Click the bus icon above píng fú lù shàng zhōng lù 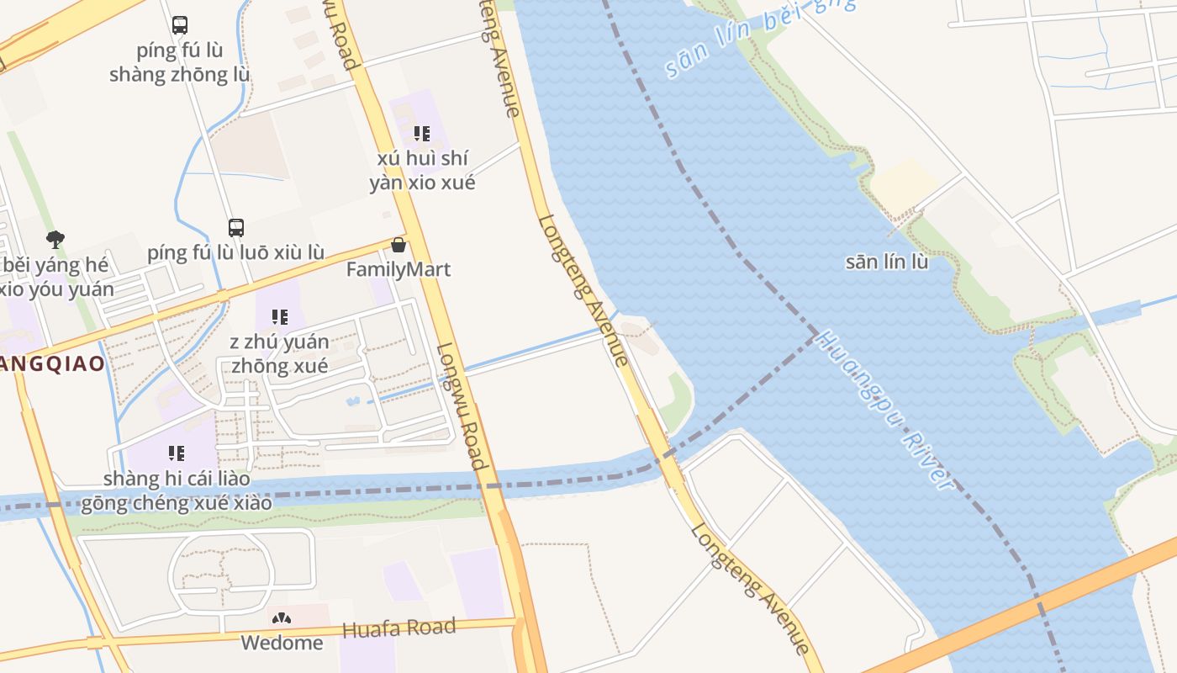click(180, 25)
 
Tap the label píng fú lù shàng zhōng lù click(179, 62)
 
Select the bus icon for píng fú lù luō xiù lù click(236, 227)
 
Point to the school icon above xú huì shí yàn click(422, 134)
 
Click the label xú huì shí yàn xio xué click(422, 170)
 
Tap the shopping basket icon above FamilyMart click(398, 245)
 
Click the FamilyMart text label click(398, 269)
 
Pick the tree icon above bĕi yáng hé click(55, 240)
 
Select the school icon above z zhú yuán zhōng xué click(280, 317)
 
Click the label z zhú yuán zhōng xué click(280, 354)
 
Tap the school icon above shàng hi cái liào click(177, 453)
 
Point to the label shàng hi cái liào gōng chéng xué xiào click(177, 490)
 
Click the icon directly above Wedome click(282, 618)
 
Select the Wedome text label click(282, 643)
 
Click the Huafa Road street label click(399, 628)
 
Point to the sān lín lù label click(887, 262)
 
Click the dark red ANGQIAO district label click(52, 363)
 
